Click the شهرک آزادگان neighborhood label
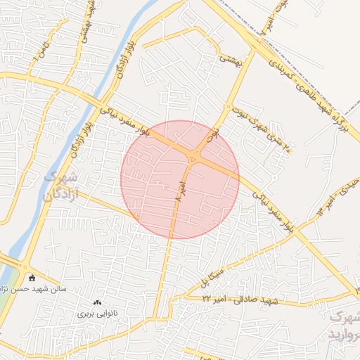point(61,186)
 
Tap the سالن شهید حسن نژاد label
point(49,287)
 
